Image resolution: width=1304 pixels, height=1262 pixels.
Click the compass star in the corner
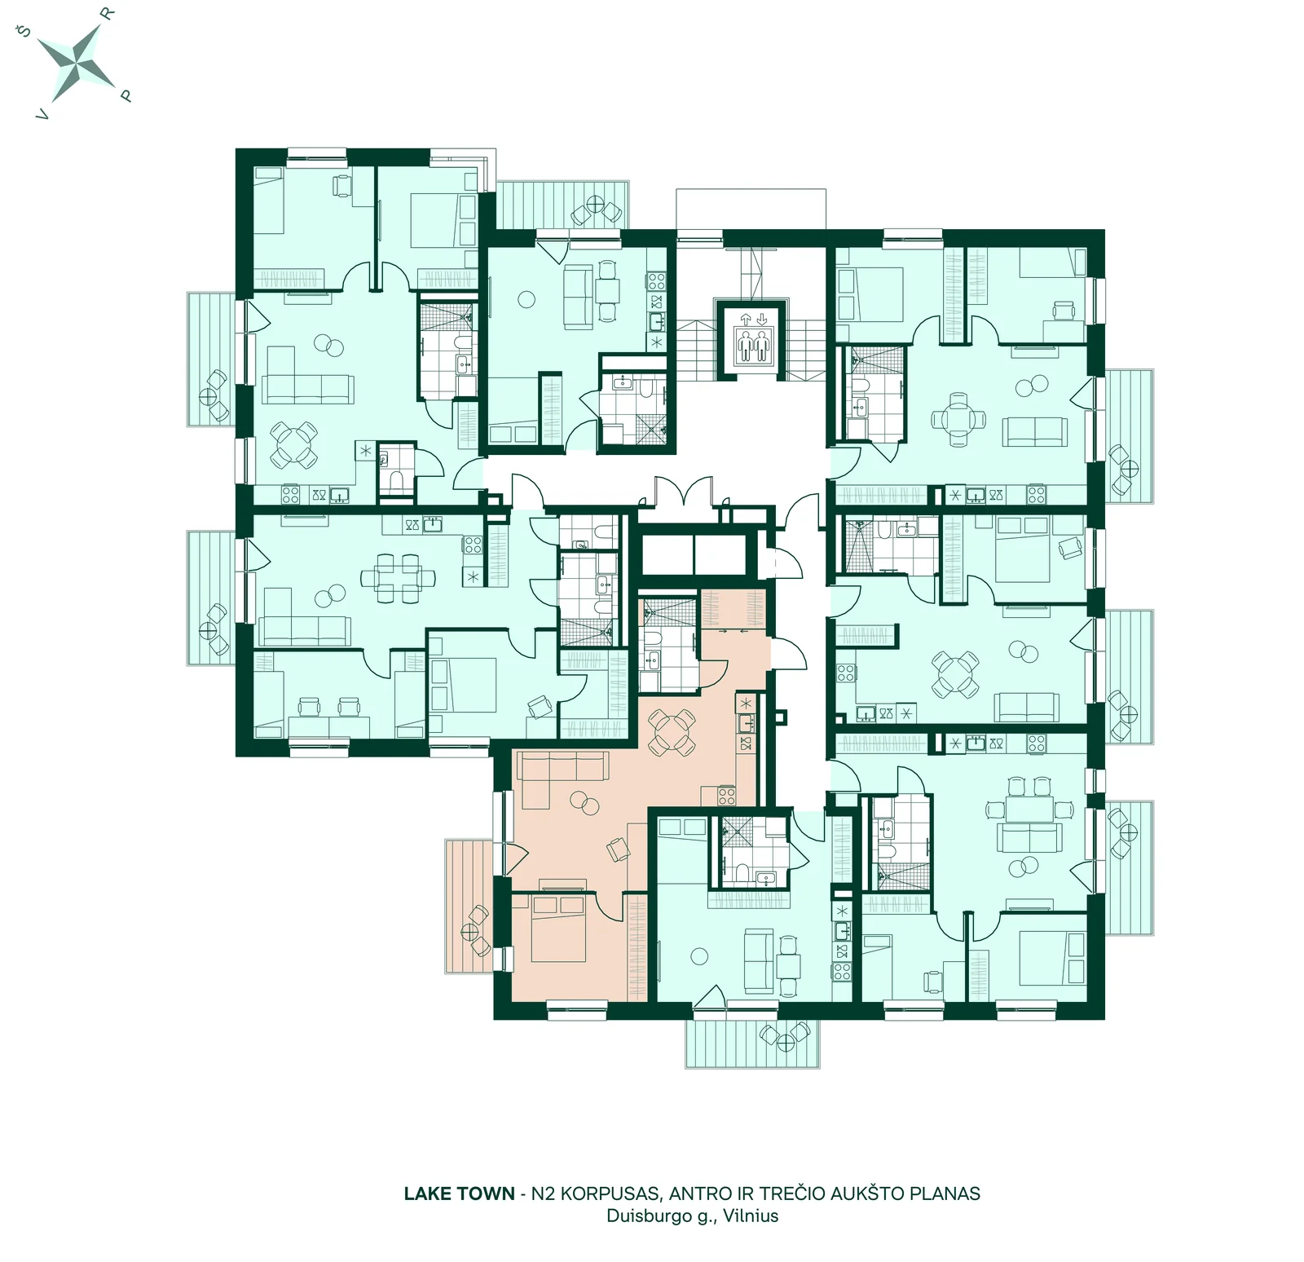pos(79,63)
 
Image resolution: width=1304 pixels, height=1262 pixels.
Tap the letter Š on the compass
pos(24,33)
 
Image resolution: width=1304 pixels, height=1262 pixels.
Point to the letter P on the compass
pos(126,95)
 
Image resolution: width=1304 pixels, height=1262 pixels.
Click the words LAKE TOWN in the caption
pos(459,1194)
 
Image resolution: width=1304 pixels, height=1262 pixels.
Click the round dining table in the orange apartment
pos(672,731)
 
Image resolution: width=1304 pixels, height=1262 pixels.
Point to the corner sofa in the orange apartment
pos(554,774)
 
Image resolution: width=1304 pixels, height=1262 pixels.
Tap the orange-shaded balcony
pos(469,906)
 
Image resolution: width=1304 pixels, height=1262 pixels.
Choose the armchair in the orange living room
pos(619,850)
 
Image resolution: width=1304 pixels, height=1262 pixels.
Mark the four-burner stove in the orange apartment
pos(727,795)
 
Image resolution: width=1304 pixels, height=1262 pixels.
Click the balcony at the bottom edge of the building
pos(752,1043)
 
